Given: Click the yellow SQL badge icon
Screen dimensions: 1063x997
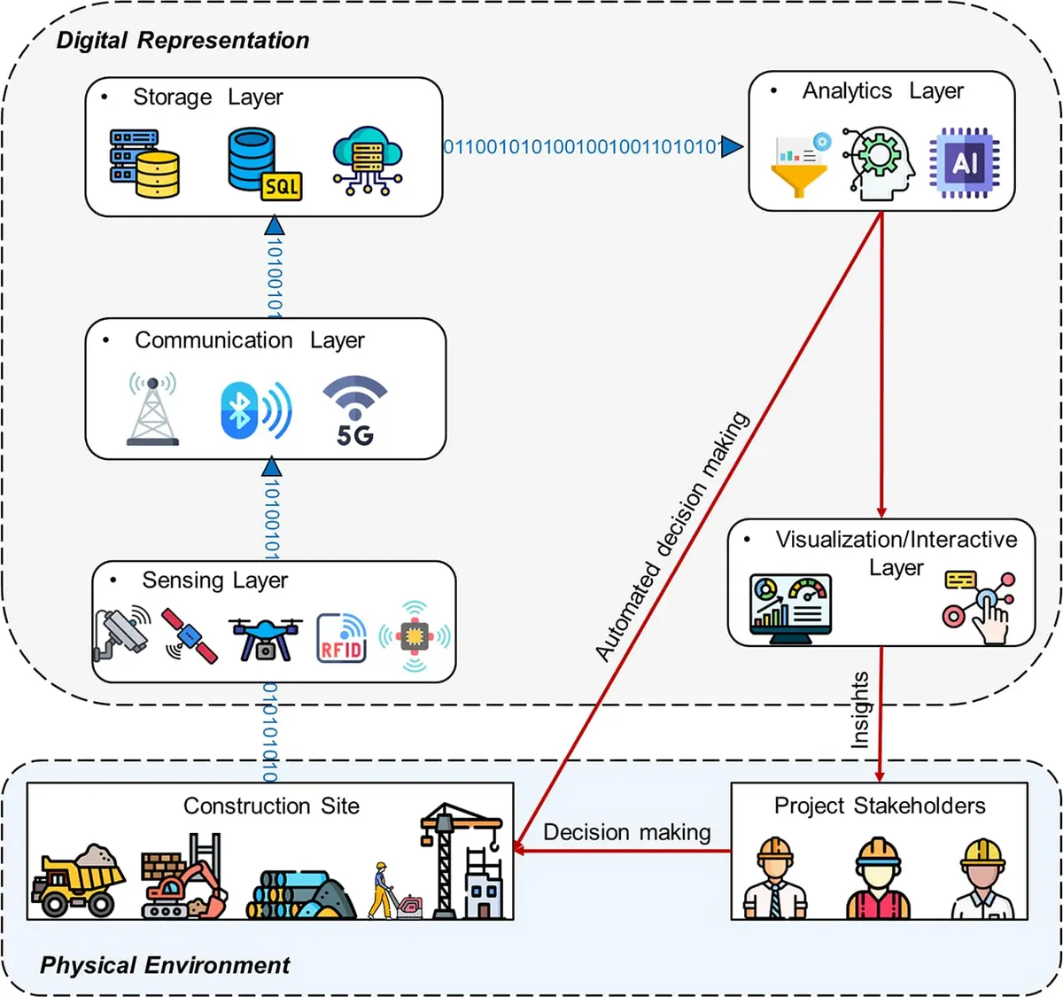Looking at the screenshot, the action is pyautogui.click(x=281, y=186).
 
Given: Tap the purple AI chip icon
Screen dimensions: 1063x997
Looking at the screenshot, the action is pyautogui.click(x=964, y=162).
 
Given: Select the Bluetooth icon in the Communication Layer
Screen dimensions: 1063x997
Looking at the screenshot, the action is pyautogui.click(x=256, y=409).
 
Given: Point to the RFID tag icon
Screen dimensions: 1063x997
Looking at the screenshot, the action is pyautogui.click(x=341, y=637).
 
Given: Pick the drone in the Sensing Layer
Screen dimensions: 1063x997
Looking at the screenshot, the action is pyautogui.click(x=265, y=639).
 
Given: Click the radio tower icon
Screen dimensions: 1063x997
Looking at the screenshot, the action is pyautogui.click(x=152, y=409).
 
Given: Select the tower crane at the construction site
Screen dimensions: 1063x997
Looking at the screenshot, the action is pyautogui.click(x=461, y=860).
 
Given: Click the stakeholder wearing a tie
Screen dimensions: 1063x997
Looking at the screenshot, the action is pyautogui.click(x=774, y=877).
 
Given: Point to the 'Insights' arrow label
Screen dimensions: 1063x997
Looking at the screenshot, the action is pyautogui.click(x=859, y=710).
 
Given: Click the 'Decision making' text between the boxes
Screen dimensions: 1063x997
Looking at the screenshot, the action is pyautogui.click(x=626, y=832).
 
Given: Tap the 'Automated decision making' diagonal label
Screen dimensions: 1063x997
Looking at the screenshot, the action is pyautogui.click(x=671, y=536).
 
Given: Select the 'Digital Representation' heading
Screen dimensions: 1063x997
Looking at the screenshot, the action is pyautogui.click(x=182, y=40).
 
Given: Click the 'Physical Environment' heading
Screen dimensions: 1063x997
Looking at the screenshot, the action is pyautogui.click(x=165, y=965).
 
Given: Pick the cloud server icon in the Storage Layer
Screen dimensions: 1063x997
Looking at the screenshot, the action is pyautogui.click(x=368, y=160).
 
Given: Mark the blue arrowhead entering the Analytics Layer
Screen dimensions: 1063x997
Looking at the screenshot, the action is pyautogui.click(x=732, y=146).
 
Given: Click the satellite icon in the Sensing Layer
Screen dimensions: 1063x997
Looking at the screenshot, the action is pyautogui.click(x=189, y=636).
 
